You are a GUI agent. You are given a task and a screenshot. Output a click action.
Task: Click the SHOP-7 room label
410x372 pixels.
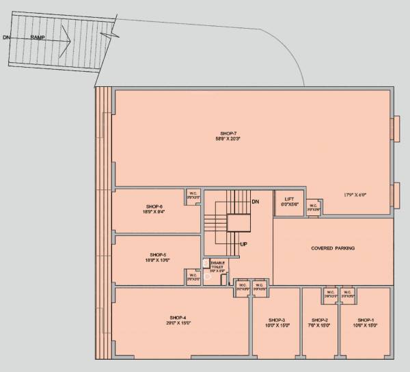pos(228,133)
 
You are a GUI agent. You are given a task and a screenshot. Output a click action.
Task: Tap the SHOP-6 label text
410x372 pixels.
pos(154,206)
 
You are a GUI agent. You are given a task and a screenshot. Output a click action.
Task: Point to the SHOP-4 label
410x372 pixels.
pos(178,317)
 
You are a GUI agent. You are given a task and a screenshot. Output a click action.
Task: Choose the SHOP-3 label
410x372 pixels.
pos(277,320)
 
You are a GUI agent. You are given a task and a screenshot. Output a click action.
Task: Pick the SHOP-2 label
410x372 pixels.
pos(320,320)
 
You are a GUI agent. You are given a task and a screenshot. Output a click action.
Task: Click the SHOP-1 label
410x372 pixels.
pos(366,320)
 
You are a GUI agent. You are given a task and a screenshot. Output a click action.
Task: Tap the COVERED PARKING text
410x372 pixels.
pos(333,248)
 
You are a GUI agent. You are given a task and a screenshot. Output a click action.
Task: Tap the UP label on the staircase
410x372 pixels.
pos(242,243)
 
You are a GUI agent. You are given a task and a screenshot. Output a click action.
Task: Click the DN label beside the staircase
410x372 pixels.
pos(256,202)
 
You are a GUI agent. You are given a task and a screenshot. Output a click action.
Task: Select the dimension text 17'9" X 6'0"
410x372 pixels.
pos(355,195)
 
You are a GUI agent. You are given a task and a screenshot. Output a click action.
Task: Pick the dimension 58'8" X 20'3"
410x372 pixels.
pos(228,139)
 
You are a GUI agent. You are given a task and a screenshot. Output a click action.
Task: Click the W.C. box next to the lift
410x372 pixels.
pos(312,207)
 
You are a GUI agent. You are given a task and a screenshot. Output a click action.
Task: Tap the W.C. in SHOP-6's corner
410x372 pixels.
pos(193,196)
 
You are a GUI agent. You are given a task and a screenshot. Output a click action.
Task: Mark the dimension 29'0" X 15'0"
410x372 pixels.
pos(178,323)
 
